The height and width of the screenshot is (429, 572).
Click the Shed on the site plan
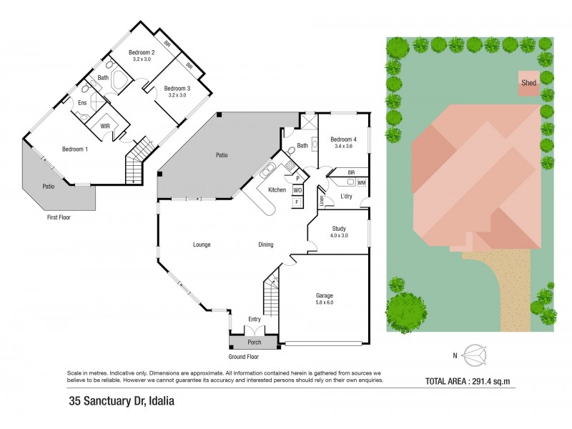(528, 83)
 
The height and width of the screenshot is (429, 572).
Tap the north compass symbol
(473, 354)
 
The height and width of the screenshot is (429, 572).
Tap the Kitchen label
(277, 189)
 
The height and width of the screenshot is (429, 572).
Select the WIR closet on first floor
(105, 126)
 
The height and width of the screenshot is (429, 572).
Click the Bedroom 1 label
(75, 149)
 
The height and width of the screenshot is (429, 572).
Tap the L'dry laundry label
(347, 196)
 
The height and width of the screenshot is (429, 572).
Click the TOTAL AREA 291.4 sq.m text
(471, 381)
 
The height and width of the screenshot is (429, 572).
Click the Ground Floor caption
(244, 356)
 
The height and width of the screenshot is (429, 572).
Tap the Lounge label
(202, 245)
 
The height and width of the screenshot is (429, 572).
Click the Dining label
(265, 245)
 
